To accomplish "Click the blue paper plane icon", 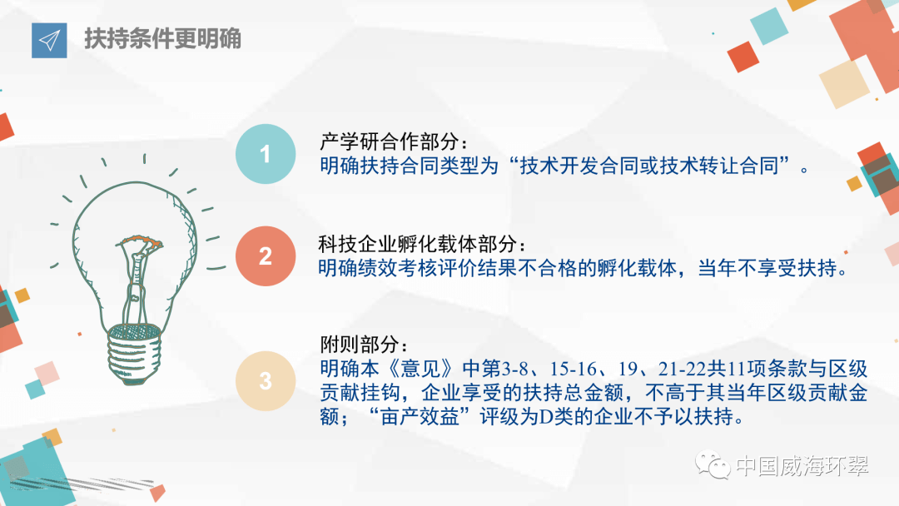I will (x=49, y=41).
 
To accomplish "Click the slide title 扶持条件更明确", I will (x=162, y=39).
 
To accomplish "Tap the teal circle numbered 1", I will (x=266, y=154).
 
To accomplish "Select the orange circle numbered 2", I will (x=266, y=256).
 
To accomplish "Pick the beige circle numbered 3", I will (x=266, y=381).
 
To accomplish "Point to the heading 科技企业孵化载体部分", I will (x=422, y=245).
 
